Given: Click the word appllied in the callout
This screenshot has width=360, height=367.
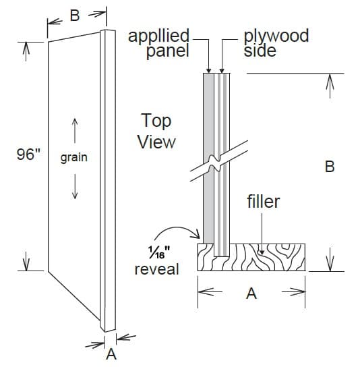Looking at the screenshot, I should pos(159,36).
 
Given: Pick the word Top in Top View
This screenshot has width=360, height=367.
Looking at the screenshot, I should pos(156,121).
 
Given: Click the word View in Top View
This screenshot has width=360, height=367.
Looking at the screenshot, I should pos(156,142).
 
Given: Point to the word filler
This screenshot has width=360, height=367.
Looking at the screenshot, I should pos(263,202).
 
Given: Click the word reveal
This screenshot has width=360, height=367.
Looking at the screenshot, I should pos(157,269).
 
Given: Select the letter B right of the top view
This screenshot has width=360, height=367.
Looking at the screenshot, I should pos(329,166).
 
